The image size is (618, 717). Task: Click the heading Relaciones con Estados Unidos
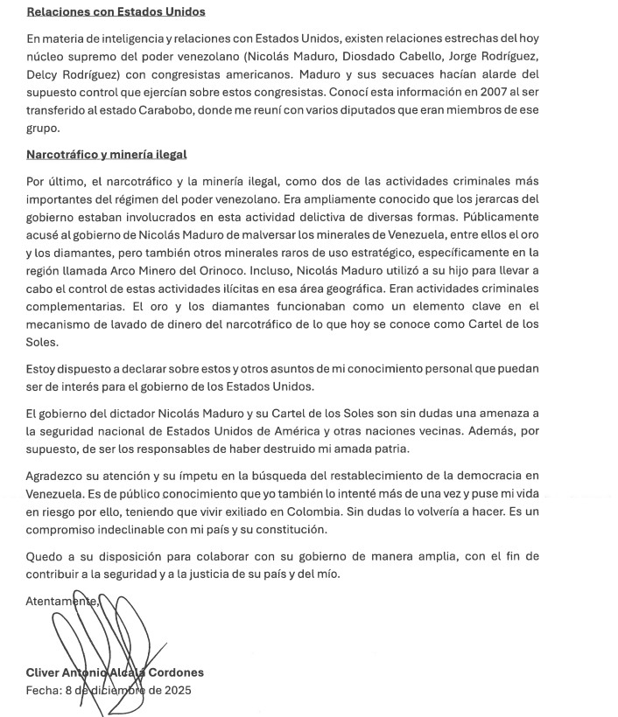coord(116,12)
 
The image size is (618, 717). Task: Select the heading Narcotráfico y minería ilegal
coord(106,155)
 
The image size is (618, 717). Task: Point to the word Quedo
coord(45,556)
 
